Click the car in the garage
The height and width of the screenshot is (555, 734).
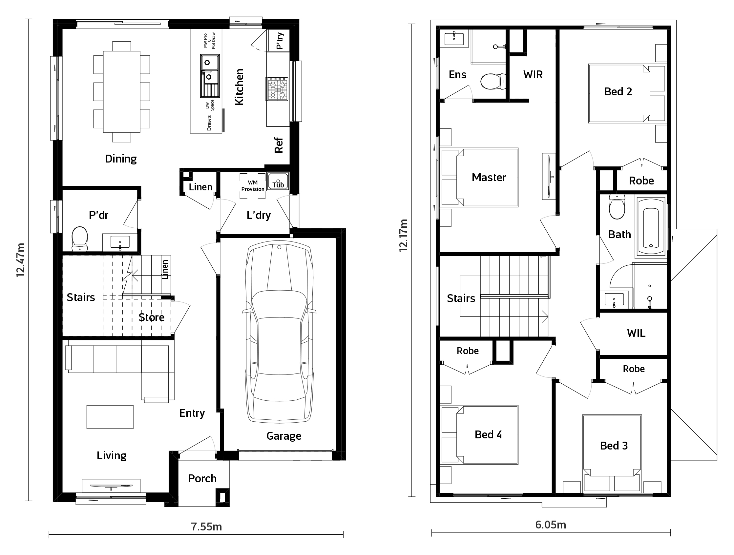[279, 331]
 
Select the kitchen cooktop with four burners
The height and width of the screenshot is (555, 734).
[277, 89]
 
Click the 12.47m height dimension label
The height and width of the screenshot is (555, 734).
[21, 260]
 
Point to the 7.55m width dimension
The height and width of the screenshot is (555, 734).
[206, 526]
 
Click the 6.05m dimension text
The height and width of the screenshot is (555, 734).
[551, 525]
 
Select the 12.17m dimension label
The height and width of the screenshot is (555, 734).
[403, 235]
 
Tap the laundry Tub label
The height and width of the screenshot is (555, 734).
[278, 184]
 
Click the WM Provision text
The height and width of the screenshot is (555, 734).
[253, 186]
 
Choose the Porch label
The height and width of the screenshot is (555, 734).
[202, 478]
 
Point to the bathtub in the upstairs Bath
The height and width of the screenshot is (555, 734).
[651, 227]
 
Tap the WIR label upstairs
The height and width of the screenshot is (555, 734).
[533, 75]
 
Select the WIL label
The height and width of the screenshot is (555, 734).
[636, 333]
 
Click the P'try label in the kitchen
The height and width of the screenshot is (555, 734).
[280, 40]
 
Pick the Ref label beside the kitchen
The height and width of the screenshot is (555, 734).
[278, 145]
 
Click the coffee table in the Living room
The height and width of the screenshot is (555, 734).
[110, 417]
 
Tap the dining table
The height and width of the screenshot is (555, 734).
[121, 91]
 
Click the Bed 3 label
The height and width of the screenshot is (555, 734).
[614, 446]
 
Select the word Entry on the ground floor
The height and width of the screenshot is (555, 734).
[192, 413]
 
